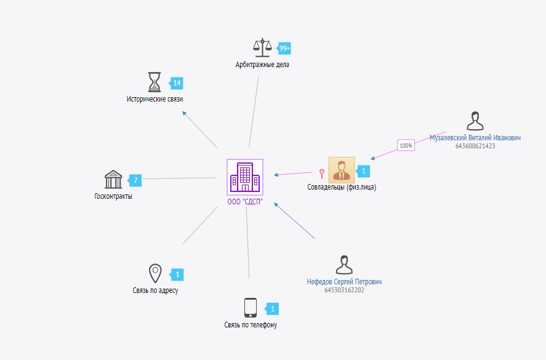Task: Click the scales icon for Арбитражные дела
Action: point(262,47)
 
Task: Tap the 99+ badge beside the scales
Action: point(284,48)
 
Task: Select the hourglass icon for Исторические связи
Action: point(155,82)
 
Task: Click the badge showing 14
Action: point(177,83)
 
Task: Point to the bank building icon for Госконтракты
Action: point(113,180)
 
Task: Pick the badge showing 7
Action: point(135,180)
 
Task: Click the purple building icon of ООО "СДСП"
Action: point(245,177)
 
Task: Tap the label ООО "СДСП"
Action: point(245,202)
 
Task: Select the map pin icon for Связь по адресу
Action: point(155,273)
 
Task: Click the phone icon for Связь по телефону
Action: point(250,307)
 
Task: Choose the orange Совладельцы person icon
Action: point(341,170)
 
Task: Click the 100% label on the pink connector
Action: point(406,146)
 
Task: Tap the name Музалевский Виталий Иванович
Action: point(475,138)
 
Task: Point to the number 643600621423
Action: point(475,146)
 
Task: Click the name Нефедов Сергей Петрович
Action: point(344,282)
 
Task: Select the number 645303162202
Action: point(344,290)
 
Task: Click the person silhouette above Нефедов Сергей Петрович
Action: point(344,265)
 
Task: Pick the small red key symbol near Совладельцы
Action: point(321,173)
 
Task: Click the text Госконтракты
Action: point(113,196)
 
